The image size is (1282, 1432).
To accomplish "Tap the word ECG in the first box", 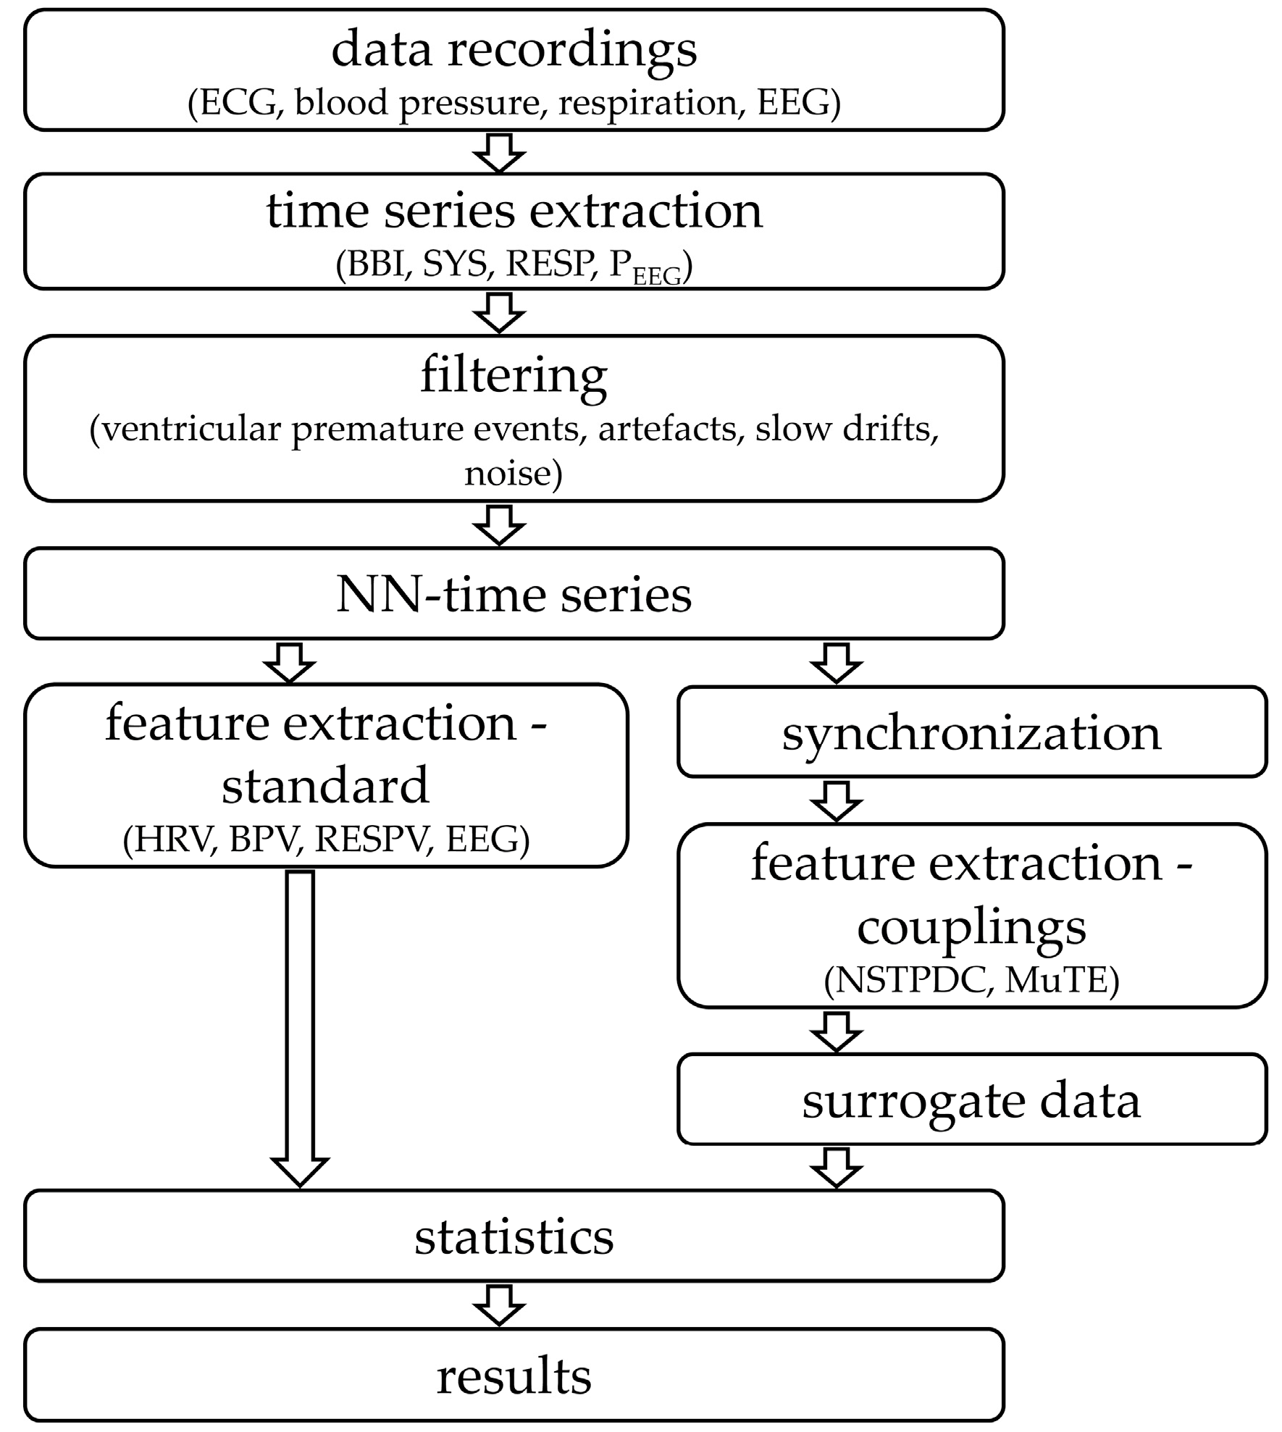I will point(238,103).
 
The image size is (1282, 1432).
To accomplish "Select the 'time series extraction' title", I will point(514,212).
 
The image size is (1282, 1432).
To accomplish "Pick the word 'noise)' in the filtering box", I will point(514,474).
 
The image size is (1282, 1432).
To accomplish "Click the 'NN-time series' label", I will point(514,595).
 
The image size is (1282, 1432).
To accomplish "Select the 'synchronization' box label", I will point(971,733).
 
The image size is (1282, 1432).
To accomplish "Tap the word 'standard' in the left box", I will point(325,786).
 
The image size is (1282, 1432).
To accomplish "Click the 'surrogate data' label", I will point(971,1101).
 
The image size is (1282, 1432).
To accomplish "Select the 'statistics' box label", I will point(514,1237).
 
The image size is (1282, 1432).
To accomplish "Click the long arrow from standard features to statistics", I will point(300,1029).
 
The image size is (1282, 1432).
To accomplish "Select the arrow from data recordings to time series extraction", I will point(499,152).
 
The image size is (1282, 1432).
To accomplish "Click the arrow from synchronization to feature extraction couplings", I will point(836,800).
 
